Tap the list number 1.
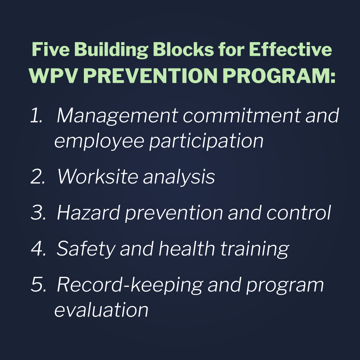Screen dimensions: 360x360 click(x=36, y=116)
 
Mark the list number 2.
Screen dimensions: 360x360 click(x=37, y=177)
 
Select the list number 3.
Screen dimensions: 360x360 click(x=37, y=213)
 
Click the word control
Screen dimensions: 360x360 click(x=298, y=213)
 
